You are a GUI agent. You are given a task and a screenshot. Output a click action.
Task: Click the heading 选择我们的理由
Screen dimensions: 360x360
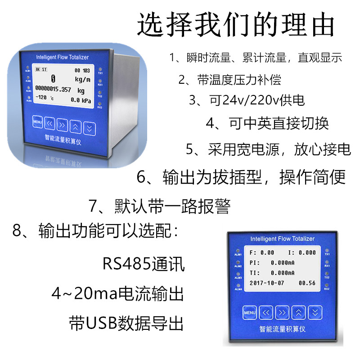(236, 25)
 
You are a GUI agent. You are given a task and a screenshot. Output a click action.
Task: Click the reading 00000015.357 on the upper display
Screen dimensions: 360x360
(53, 90)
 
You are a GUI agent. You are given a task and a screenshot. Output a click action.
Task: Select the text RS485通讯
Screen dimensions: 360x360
(144, 264)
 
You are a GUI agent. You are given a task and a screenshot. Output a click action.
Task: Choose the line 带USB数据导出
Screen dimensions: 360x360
(126, 323)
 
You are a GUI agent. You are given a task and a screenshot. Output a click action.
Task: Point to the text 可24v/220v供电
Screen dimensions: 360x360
(247, 100)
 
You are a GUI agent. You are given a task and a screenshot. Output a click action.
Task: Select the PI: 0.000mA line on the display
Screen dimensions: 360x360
(272, 262)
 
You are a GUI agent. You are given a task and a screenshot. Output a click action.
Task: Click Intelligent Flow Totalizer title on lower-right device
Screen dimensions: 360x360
(282, 239)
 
